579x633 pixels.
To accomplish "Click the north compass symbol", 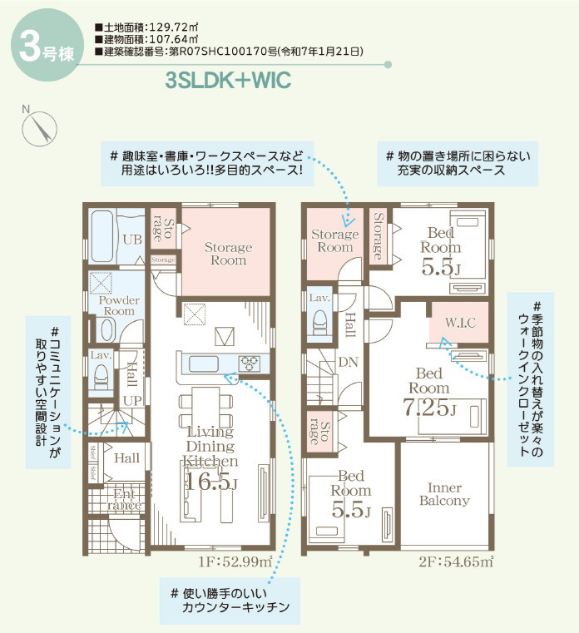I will click(x=39, y=128).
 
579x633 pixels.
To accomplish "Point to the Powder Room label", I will click(x=119, y=305).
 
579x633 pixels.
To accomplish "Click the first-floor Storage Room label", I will click(x=228, y=254).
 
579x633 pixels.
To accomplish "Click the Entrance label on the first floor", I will click(x=126, y=499).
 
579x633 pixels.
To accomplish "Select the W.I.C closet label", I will click(x=460, y=322).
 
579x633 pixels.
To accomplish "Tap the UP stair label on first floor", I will click(x=132, y=400).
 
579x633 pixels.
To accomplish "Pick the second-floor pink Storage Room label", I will click(x=334, y=241).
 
